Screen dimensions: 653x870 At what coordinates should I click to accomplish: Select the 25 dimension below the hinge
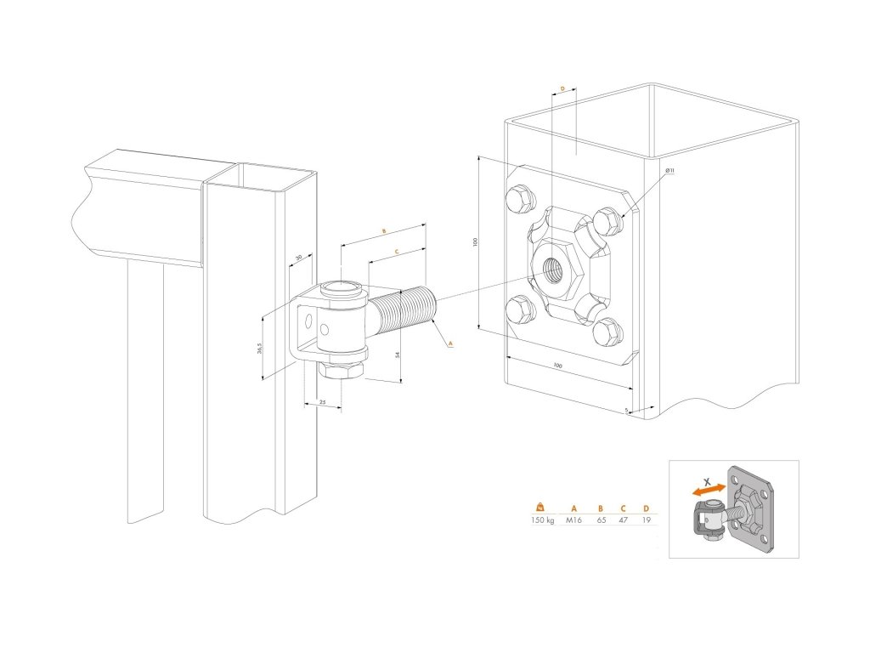323,400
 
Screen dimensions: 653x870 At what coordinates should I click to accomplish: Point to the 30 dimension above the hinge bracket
298,257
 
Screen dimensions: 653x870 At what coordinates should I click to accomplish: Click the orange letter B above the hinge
384,230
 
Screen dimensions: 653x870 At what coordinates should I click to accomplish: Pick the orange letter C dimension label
397,252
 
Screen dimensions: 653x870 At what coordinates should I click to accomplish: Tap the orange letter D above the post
562,88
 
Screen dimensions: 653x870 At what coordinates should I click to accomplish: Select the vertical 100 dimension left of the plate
476,242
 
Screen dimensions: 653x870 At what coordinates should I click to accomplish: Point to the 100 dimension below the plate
556,365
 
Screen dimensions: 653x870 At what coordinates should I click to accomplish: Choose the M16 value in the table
574,520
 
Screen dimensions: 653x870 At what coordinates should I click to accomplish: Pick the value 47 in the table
624,520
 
